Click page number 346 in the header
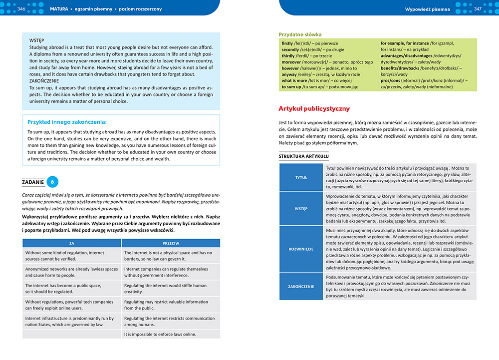[x=21, y=9]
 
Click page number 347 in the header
[x=478, y=9]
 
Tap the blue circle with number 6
[x=53, y=182]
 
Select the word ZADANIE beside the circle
[x=33, y=182]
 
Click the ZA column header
[x=71, y=243]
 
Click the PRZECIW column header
[x=171, y=243]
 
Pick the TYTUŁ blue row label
[x=301, y=177]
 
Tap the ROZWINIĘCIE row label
[x=301, y=248]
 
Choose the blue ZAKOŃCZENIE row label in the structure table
[x=301, y=287]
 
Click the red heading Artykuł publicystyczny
[x=314, y=108]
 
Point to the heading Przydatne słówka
[x=300, y=34]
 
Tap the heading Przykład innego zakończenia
[x=67, y=121]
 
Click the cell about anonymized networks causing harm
[x=71, y=272]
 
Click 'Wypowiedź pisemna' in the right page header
[x=428, y=9]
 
